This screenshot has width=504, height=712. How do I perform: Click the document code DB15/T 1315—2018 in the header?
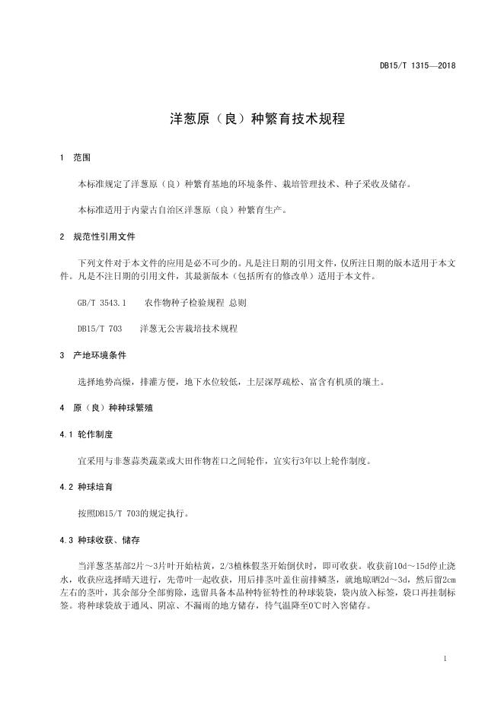coord(418,67)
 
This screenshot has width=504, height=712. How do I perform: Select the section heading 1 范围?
coord(75,158)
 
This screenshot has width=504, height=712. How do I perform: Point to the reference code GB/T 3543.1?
coord(101,303)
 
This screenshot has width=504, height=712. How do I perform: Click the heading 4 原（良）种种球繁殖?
coord(106,408)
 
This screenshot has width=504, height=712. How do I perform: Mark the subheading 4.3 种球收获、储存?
coord(100,539)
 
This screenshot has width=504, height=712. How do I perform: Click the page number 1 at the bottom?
coord(445,659)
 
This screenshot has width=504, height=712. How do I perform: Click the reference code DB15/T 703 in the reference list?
coord(100,329)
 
